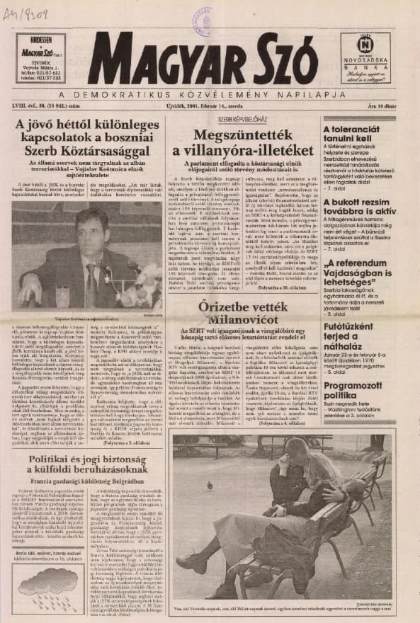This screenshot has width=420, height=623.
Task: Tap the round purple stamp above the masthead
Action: [x=200, y=16]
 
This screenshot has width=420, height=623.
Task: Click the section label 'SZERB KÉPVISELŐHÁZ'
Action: [x=242, y=119]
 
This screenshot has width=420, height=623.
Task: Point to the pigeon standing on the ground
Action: [x=209, y=485]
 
